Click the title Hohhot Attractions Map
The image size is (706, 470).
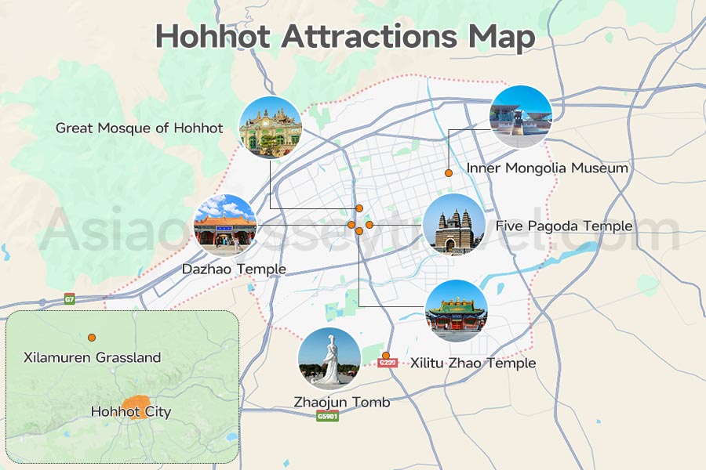[345, 36]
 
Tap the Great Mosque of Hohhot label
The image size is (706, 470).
[139, 128]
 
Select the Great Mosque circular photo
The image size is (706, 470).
[270, 127]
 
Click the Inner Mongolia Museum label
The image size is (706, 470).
[547, 168]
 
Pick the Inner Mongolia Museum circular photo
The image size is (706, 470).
[521, 117]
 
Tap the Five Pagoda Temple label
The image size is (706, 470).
[563, 226]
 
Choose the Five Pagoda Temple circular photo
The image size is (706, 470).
[454, 225]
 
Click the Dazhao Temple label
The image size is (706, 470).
[234, 269]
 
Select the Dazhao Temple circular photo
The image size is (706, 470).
[225, 225]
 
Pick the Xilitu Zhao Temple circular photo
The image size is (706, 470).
[456, 311]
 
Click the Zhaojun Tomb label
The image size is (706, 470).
[341, 402]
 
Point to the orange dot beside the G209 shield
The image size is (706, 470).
[385, 356]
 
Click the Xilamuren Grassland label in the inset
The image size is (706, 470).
[92, 358]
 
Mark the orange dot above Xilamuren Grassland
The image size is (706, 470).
[92, 338]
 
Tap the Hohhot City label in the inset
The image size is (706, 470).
[130, 411]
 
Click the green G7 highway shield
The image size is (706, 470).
[70, 299]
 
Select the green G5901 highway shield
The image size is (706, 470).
[328, 416]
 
